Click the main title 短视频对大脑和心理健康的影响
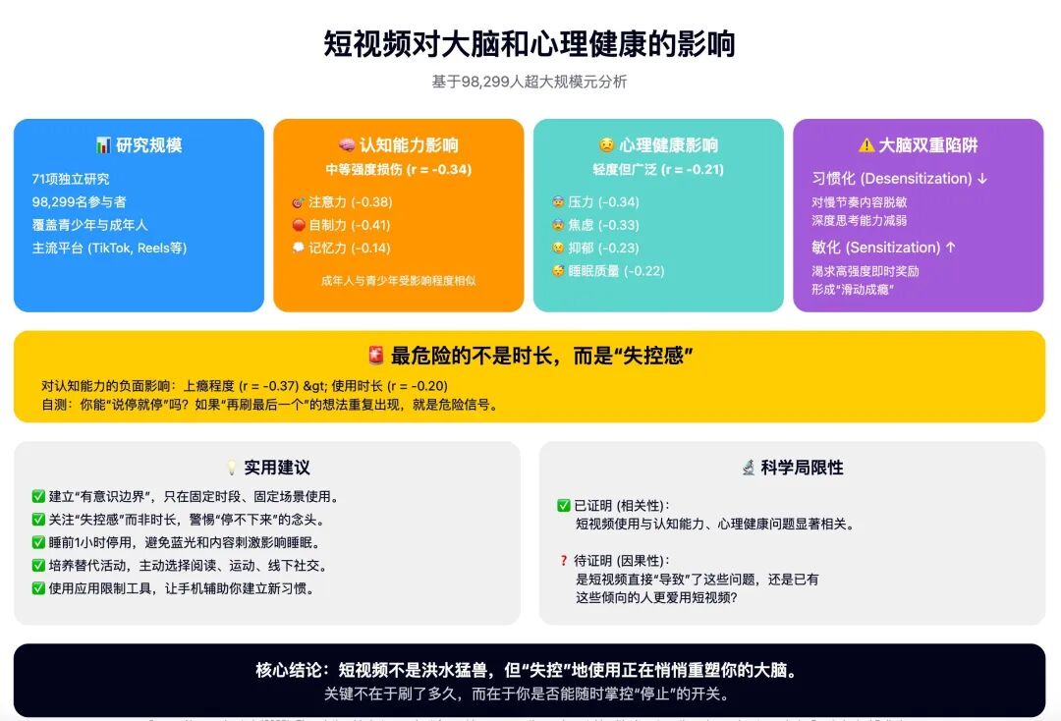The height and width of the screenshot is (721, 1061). point(530,44)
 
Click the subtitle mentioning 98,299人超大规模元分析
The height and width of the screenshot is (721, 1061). point(530,82)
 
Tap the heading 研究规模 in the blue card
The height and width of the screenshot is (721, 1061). point(139,145)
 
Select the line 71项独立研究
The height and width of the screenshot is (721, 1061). point(71,179)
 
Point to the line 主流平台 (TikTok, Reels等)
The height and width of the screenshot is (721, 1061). point(109,248)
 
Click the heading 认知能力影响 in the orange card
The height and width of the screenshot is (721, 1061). point(398,145)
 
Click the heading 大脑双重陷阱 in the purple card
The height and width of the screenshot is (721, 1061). point(918,145)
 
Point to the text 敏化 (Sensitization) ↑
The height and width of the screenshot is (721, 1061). point(884,248)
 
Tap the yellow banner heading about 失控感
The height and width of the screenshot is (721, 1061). point(530,356)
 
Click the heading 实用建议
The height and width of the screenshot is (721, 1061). point(267,468)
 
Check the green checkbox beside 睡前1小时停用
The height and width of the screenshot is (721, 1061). point(38,542)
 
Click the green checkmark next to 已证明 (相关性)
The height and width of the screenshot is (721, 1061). point(564,506)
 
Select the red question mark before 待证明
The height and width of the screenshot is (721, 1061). point(564,561)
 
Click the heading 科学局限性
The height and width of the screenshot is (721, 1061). point(792,468)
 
